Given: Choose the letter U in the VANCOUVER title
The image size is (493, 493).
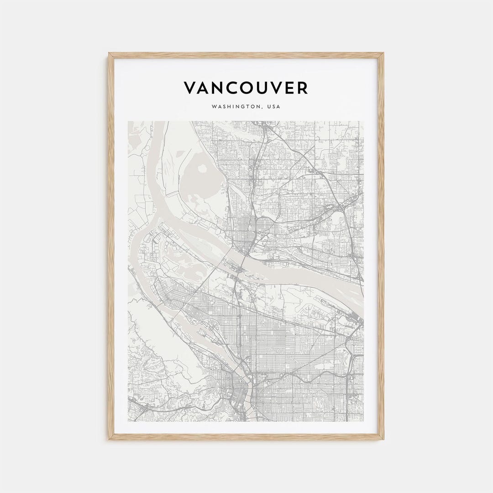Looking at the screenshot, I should tap(258, 88).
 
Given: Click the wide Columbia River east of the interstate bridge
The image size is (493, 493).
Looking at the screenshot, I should tap(292, 274).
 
